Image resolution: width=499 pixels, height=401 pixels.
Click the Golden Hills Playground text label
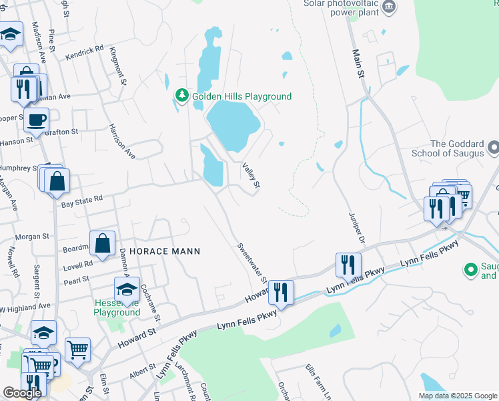coord(241,97)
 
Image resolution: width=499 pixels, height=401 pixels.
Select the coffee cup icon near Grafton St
coord(36,120)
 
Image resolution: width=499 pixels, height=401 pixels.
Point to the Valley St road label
coord(250,176)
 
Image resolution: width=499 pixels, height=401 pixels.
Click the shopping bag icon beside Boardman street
coord(103,244)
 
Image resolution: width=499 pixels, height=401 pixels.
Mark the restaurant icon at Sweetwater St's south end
coord(280,292)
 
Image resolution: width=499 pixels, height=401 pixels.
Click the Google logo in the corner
coord(22,393)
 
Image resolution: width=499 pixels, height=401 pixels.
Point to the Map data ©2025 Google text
coord(458,396)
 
